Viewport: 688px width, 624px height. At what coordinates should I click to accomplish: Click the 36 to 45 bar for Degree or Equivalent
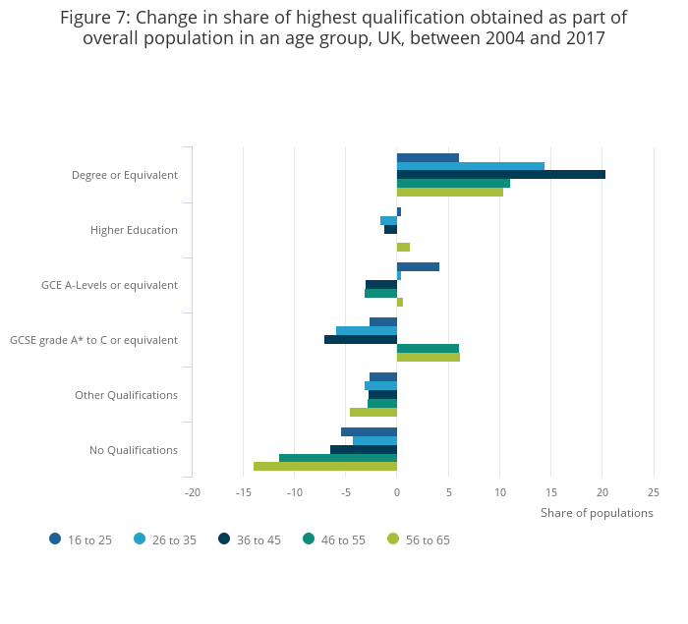(x=501, y=175)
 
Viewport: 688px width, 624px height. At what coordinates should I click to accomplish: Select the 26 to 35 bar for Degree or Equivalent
(x=470, y=166)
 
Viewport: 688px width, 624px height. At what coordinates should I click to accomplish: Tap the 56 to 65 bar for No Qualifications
(x=325, y=467)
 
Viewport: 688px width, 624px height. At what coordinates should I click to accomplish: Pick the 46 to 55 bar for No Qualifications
(x=338, y=458)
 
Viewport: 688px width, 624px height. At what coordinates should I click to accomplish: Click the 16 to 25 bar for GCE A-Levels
(x=418, y=267)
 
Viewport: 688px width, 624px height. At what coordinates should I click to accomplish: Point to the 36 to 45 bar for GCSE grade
(x=361, y=340)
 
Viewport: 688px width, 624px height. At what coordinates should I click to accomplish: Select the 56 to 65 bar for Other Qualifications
(x=373, y=413)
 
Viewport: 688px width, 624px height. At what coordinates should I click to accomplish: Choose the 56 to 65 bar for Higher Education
(x=403, y=248)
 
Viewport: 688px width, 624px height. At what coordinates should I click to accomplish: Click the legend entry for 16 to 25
(x=81, y=539)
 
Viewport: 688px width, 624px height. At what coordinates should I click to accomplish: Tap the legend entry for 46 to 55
(x=334, y=539)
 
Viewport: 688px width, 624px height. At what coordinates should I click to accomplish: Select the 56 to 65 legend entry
(x=420, y=539)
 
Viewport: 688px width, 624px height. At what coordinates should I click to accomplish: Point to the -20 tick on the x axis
(x=192, y=492)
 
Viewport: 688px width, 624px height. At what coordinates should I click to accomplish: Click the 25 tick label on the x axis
(x=654, y=492)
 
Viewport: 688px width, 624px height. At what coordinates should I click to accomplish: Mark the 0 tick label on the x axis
(x=397, y=492)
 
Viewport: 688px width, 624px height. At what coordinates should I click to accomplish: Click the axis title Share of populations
(x=597, y=513)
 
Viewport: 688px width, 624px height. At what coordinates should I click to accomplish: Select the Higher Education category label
(x=134, y=230)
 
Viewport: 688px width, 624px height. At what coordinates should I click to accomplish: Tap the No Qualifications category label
(x=134, y=450)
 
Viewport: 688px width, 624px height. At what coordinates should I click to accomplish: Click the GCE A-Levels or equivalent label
(x=109, y=285)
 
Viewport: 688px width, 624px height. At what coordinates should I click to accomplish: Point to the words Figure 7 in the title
(x=98, y=18)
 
